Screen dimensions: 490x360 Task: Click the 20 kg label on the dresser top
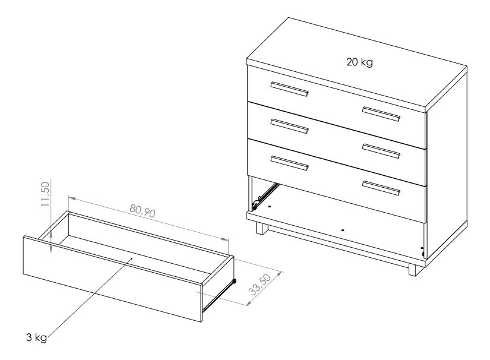pyautogui.click(x=359, y=62)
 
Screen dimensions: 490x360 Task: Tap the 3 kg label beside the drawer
pyautogui.click(x=37, y=337)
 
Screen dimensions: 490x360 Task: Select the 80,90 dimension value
pyautogui.click(x=142, y=211)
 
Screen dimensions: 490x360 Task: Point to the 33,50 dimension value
pyautogui.click(x=260, y=285)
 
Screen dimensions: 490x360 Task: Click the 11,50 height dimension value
pyautogui.click(x=45, y=194)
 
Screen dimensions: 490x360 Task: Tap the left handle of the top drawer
pyautogui.click(x=290, y=89)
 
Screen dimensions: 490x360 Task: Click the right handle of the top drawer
pyautogui.click(x=381, y=113)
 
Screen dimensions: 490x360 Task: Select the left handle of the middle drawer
pyautogui.click(x=290, y=126)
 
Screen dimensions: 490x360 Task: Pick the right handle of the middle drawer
pyautogui.click(x=381, y=151)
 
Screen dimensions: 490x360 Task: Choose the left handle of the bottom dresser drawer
pyautogui.click(x=290, y=163)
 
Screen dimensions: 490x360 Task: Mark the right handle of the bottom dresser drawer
pyautogui.click(x=381, y=188)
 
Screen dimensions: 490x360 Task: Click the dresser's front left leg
pyautogui.click(x=262, y=228)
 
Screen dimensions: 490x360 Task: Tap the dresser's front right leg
pyautogui.click(x=413, y=270)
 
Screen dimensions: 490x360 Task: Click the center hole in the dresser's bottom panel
pyautogui.click(x=343, y=230)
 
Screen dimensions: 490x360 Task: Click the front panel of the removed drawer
pyautogui.click(x=113, y=279)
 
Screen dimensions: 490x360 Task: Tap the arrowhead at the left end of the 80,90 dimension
pyautogui.click(x=71, y=198)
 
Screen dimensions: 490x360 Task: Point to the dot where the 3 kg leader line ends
pyautogui.click(x=132, y=258)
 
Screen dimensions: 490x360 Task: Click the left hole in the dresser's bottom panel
pyautogui.click(x=269, y=207)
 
